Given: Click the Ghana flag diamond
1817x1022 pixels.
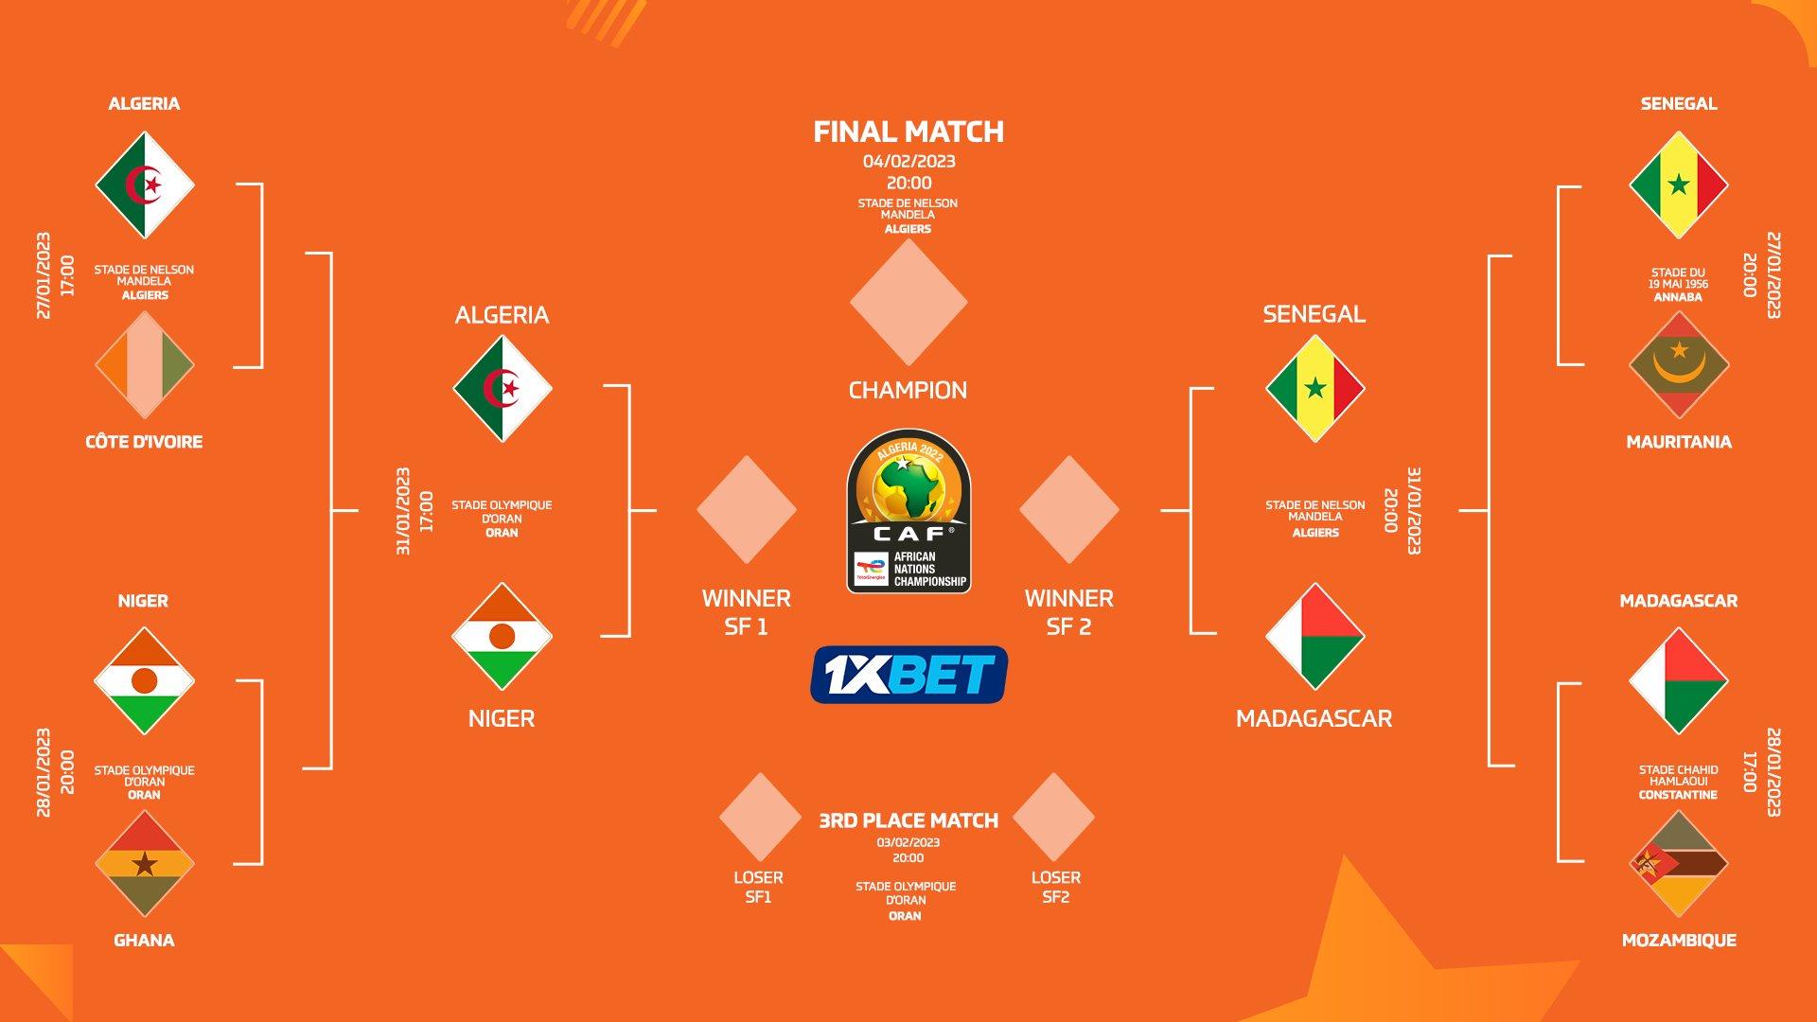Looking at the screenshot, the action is (x=144, y=864).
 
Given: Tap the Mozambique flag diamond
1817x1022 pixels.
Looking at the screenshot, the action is (x=1678, y=864).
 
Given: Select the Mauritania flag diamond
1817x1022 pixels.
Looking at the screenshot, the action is (x=1678, y=364).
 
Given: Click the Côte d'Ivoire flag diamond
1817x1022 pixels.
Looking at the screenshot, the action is (x=144, y=364).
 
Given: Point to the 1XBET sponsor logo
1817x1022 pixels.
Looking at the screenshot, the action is (x=908, y=675).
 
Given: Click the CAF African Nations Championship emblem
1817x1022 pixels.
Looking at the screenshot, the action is (x=908, y=511).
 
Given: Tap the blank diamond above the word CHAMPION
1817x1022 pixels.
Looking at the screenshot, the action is (x=908, y=302).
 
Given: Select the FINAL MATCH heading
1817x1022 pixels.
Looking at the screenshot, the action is (x=908, y=132).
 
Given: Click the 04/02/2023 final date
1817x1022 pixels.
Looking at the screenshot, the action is (x=908, y=161).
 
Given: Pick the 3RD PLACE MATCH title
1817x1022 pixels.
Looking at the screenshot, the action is (x=908, y=820).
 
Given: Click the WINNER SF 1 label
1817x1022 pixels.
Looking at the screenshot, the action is (x=746, y=612).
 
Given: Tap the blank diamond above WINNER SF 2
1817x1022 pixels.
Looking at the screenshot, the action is (x=1069, y=509).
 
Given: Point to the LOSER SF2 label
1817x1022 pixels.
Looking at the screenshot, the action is (x=1056, y=887).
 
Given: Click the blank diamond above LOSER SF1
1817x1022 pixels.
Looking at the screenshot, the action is (x=759, y=817).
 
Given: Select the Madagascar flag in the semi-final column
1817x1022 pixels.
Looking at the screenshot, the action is (x=1314, y=636).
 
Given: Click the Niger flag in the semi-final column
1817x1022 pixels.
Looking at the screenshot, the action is (x=502, y=636).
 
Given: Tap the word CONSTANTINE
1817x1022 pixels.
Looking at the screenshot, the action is (x=1678, y=795).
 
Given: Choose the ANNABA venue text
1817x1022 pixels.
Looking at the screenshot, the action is (x=1678, y=297).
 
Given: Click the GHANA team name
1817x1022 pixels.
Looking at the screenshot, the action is (x=144, y=940).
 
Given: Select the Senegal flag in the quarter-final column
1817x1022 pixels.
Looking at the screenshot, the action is (x=1678, y=185).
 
